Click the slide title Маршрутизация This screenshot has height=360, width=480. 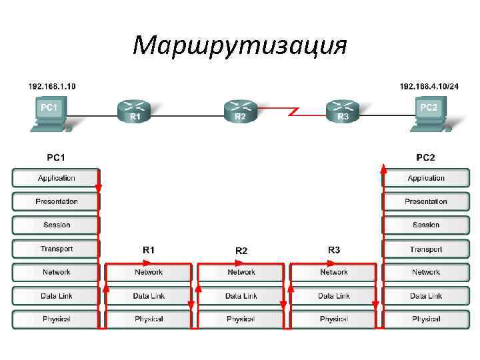(x=240, y=46)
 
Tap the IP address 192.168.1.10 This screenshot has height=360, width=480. (x=51, y=86)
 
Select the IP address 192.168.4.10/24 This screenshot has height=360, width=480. (x=429, y=86)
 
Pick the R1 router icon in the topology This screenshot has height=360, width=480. (x=134, y=111)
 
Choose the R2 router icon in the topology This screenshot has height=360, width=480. (x=240, y=111)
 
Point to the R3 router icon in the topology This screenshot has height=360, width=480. (x=343, y=111)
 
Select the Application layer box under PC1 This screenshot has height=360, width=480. (x=56, y=178)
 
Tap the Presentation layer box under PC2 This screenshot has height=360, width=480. (x=425, y=201)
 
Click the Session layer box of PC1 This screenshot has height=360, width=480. (x=56, y=225)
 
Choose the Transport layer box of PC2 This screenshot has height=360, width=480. (x=425, y=249)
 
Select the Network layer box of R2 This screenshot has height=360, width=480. (x=241, y=273)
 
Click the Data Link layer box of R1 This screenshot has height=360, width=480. (x=149, y=296)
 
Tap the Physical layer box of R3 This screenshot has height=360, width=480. (x=333, y=319)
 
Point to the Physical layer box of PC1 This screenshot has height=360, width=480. (x=56, y=319)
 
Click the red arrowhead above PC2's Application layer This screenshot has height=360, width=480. (x=383, y=167)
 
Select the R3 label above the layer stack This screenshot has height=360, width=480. (x=334, y=250)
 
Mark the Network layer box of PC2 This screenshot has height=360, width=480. (x=425, y=273)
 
